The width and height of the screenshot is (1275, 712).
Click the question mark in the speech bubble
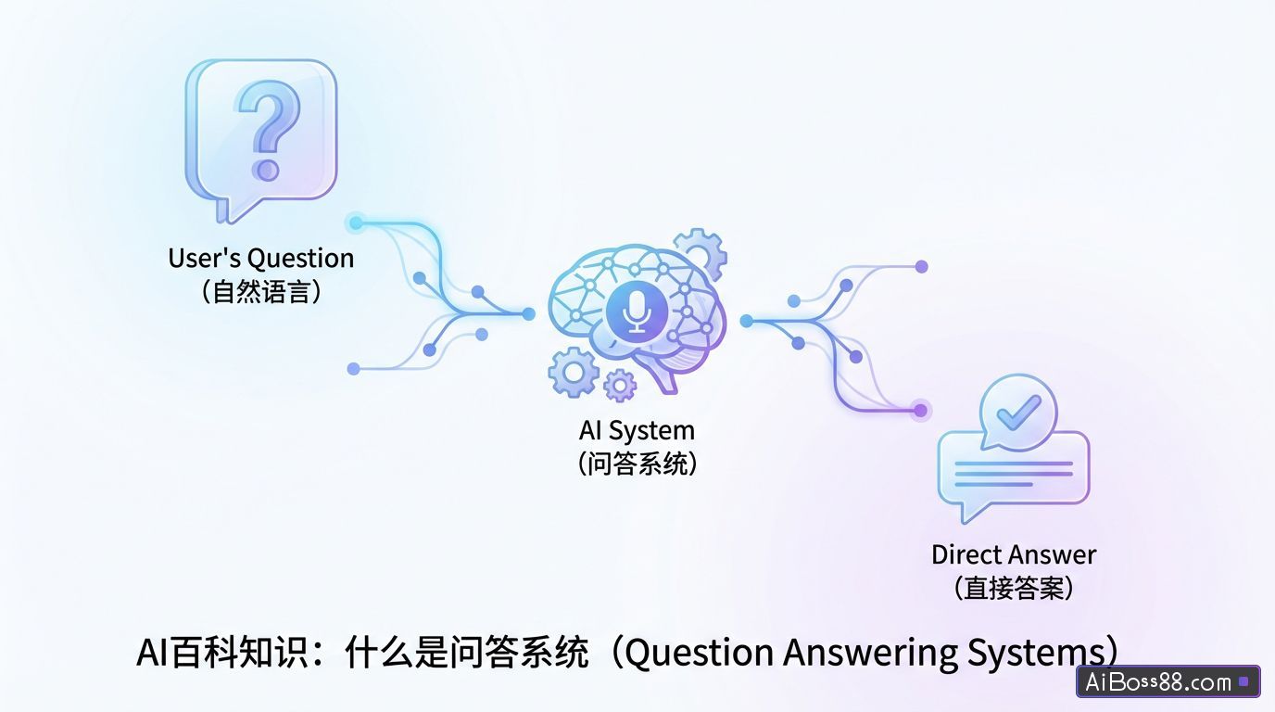[268, 128]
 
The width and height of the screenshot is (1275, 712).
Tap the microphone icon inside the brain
[637, 311]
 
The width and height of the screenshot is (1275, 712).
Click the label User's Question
[260, 258]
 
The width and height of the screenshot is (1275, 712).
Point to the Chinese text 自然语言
[260, 292]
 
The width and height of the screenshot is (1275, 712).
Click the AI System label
[636, 430]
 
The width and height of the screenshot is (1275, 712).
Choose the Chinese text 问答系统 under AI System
[636, 463]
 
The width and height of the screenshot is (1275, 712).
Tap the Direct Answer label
[1013, 554]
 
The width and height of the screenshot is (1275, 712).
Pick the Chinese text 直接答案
[1013, 588]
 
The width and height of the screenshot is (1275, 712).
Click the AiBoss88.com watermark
[1167, 682]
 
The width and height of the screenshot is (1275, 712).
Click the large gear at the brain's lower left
[574, 372]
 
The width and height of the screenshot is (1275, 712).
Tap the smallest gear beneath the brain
[619, 384]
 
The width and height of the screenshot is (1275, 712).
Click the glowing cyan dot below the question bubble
[356, 222]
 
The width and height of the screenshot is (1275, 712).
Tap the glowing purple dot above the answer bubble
[920, 410]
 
